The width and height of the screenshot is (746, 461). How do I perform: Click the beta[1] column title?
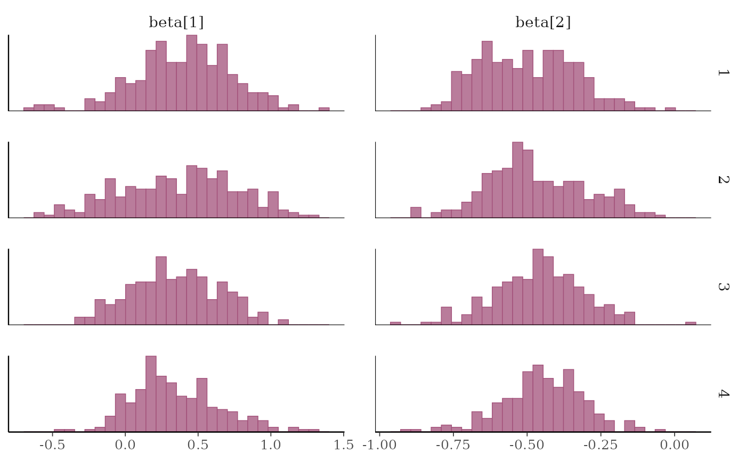[176, 22]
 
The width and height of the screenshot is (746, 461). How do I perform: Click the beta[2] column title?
[543, 22]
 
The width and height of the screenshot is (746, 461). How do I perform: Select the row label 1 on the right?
[723, 72]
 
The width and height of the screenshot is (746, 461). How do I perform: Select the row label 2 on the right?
[723, 179]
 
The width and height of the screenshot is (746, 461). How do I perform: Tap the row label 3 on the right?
[723, 286]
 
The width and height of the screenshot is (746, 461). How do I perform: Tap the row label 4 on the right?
[723, 393]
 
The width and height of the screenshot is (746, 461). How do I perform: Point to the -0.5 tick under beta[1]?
[52, 444]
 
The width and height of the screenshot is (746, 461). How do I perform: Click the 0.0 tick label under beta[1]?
[125, 444]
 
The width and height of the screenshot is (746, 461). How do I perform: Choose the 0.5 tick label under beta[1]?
[198, 444]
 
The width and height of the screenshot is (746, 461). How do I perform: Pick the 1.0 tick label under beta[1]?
[271, 444]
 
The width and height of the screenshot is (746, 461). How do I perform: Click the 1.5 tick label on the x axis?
[344, 444]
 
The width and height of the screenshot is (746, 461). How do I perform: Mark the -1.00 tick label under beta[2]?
[380, 444]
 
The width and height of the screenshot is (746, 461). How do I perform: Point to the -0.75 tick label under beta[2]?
[453, 444]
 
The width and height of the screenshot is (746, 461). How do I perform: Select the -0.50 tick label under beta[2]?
[527, 444]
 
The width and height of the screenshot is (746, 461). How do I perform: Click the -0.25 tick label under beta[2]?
[601, 444]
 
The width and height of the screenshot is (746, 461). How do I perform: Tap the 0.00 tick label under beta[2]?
[675, 444]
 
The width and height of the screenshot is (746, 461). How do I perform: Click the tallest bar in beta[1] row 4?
[151, 394]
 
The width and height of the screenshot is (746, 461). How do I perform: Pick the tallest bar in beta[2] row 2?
[517, 180]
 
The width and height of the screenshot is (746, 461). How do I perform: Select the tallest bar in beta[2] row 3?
[538, 287]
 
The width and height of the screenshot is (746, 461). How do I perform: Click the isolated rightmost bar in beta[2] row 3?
[691, 323]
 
